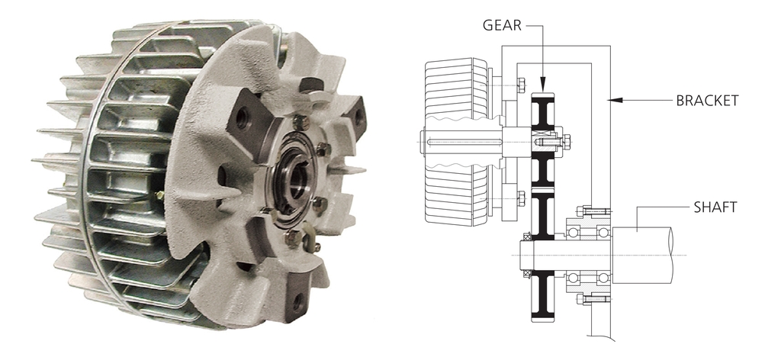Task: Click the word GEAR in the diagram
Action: point(502,25)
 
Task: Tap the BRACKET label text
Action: point(707,101)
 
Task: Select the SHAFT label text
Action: point(715,207)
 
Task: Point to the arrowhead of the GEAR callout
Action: point(542,84)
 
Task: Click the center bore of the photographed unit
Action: point(298,177)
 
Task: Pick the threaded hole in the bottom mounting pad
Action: point(298,301)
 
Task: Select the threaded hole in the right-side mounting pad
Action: point(358,115)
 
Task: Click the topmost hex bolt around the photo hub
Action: point(301,122)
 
